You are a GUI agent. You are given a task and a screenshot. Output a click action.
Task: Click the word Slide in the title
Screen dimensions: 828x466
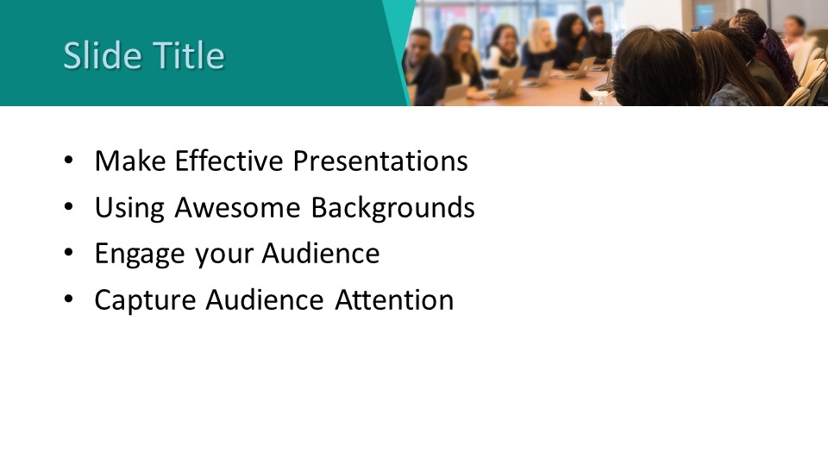click(103, 55)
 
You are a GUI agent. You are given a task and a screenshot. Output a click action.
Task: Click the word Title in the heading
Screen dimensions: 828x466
click(188, 55)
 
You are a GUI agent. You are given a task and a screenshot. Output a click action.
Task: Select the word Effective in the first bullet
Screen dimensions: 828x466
click(229, 161)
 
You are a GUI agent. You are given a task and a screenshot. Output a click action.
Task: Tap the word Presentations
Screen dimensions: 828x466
click(380, 161)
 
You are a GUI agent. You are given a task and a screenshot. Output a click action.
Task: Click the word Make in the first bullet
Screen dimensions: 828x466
click(130, 161)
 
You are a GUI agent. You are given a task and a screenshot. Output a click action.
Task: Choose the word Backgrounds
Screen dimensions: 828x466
click(393, 208)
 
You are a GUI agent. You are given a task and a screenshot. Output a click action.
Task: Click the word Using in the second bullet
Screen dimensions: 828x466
click(129, 208)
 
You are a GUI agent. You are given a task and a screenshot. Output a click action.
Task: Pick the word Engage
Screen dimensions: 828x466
click(140, 254)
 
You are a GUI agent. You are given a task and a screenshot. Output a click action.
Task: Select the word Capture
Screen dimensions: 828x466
click(145, 300)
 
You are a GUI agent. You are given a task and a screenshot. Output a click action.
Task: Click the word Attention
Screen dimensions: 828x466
click(394, 299)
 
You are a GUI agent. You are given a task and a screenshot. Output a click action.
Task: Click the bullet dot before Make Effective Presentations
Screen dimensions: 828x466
click(69, 161)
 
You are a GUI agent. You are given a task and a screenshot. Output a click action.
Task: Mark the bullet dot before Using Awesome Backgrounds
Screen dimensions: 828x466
click(69, 206)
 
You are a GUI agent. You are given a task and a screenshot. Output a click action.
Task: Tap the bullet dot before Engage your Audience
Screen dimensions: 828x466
click(69, 253)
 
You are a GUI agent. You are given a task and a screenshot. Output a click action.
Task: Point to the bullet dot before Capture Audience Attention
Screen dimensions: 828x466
click(69, 299)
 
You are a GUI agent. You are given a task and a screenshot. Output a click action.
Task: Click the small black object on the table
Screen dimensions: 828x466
click(586, 95)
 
